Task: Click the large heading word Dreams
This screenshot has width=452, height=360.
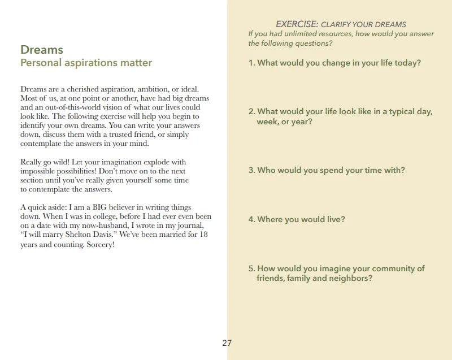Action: (x=42, y=50)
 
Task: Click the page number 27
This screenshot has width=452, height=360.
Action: (x=227, y=342)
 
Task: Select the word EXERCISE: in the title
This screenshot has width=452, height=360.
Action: (x=297, y=24)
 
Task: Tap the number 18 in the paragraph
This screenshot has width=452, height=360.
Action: (x=204, y=234)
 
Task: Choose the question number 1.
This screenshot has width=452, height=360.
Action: (x=251, y=63)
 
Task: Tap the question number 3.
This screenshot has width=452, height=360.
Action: (x=251, y=170)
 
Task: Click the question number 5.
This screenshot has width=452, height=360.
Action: (x=251, y=268)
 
